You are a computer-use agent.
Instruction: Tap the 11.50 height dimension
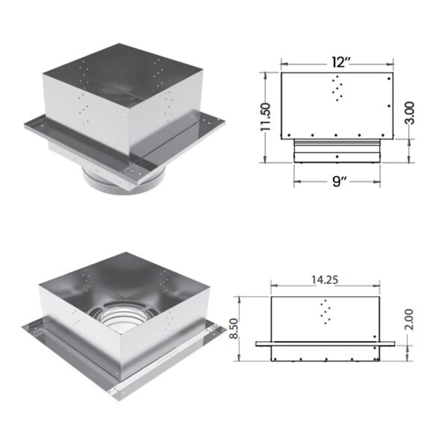[x=265, y=117]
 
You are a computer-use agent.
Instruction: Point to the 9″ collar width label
[x=336, y=181]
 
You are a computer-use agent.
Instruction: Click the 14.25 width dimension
[x=325, y=280]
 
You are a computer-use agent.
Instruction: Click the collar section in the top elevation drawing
[x=337, y=151]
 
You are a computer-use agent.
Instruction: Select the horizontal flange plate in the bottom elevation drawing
[x=325, y=344]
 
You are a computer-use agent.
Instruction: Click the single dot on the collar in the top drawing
[x=337, y=156]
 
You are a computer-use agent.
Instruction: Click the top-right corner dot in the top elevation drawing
[x=389, y=79]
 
